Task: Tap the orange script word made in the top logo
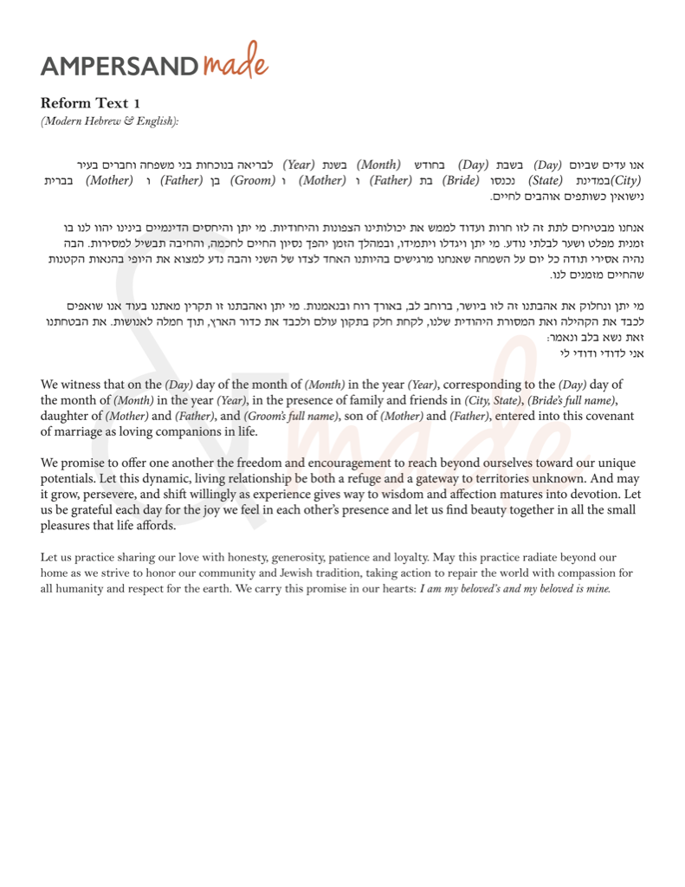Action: (x=236, y=62)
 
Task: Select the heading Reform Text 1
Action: (x=90, y=104)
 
